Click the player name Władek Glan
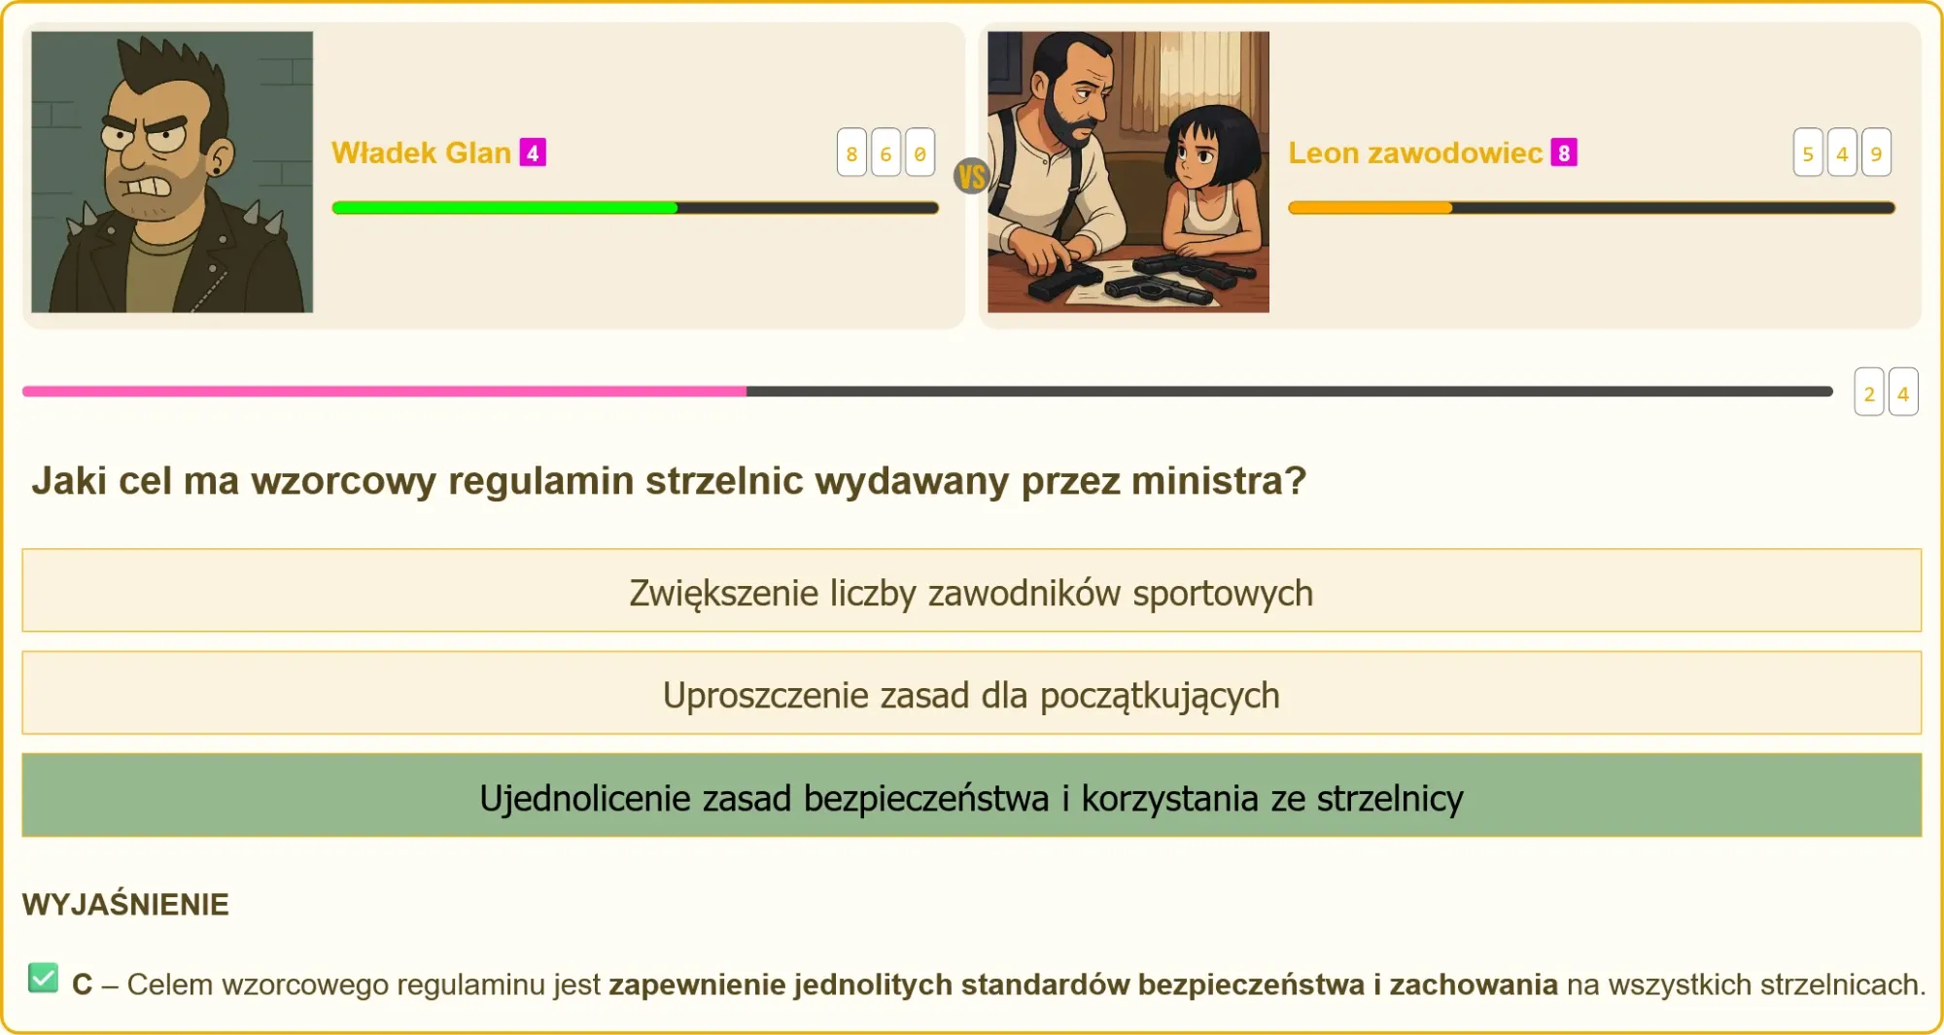[x=421, y=153]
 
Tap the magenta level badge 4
[x=533, y=153]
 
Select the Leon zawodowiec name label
[x=1415, y=153]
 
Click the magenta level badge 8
[x=1564, y=153]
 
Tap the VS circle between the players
[x=972, y=176]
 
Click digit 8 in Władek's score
[x=851, y=153]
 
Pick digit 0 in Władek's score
[x=920, y=153]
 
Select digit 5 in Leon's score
[x=1808, y=153]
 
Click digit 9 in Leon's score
[x=1876, y=153]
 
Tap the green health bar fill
[x=504, y=208]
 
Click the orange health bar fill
[x=1370, y=208]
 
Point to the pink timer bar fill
[x=384, y=392]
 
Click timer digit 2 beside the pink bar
[x=1869, y=392]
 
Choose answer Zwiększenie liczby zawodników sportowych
[x=972, y=591]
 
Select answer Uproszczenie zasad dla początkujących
[x=972, y=693]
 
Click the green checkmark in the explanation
[x=43, y=978]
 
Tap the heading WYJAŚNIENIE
[x=125, y=905]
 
